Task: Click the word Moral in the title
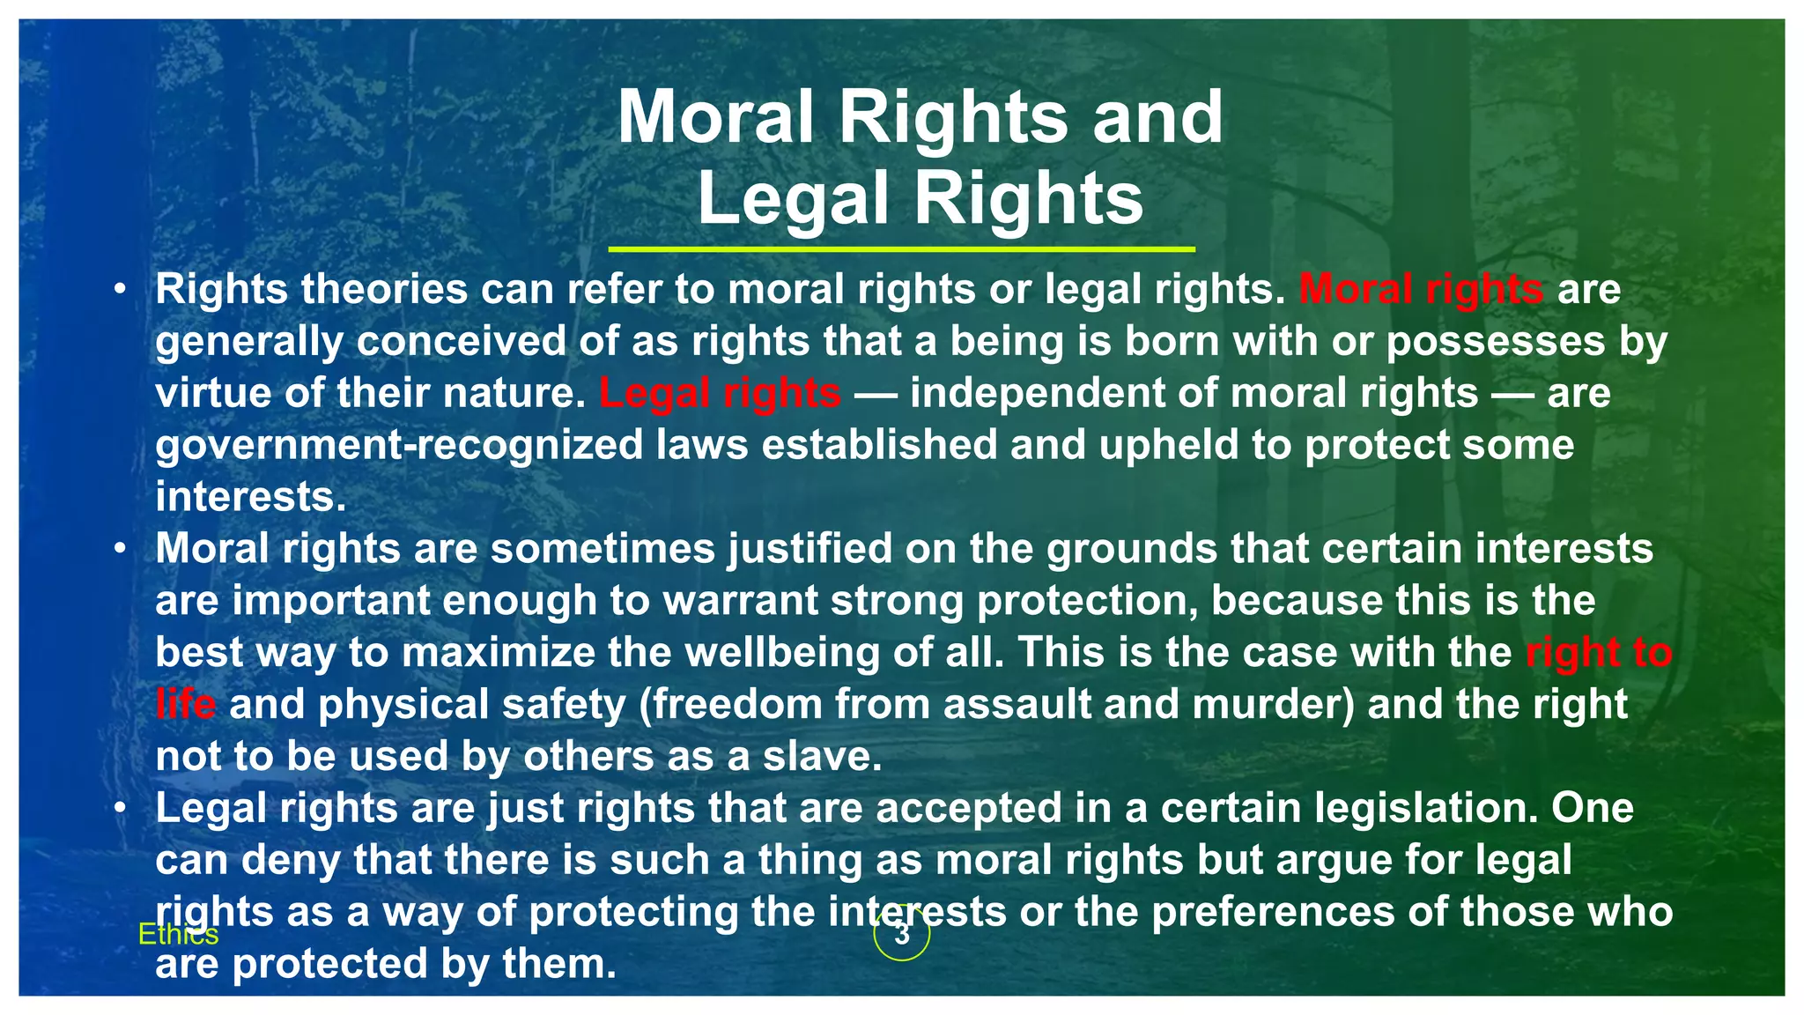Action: [x=715, y=118]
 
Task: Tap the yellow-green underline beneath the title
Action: [x=901, y=250]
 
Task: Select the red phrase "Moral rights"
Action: [x=1421, y=289]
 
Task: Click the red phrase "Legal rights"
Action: [x=720, y=393]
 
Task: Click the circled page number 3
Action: [x=901, y=934]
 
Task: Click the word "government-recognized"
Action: [x=399, y=445]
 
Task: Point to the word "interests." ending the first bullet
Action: [x=251, y=497]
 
